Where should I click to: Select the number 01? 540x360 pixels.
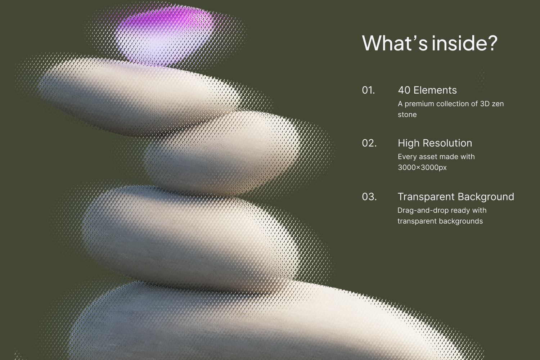[368, 90]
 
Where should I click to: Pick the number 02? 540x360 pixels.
[369, 143]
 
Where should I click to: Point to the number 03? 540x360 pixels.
[369, 197]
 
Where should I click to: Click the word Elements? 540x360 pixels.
[435, 90]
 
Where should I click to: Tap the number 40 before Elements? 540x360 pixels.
[404, 90]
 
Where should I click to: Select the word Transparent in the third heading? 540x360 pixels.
[425, 197]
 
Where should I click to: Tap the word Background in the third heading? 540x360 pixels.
[485, 197]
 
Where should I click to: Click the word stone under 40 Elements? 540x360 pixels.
[407, 114]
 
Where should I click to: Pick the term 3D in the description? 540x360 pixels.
[485, 104]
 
